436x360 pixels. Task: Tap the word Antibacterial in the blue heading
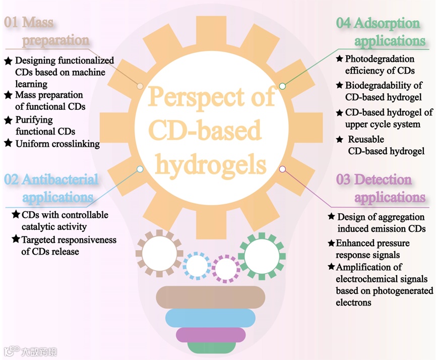pyautogui.click(x=60, y=179)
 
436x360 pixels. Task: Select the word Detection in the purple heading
pyautogui.click(x=383, y=179)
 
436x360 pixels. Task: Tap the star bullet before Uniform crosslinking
pyautogui.click(x=8, y=144)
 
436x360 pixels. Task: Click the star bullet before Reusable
pyautogui.click(x=340, y=140)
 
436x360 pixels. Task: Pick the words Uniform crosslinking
pyautogui.click(x=57, y=144)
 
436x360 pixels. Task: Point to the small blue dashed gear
pyautogui.click(x=197, y=265)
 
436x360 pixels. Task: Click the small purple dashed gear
pyautogui.click(x=226, y=268)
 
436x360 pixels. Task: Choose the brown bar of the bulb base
pyautogui.click(x=211, y=297)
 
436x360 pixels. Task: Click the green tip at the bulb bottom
pyautogui.click(x=211, y=348)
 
